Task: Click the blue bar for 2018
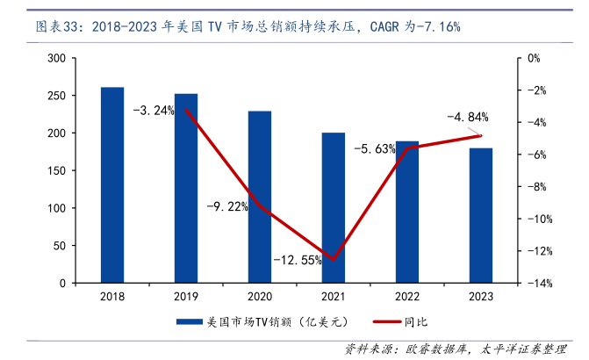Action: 112,185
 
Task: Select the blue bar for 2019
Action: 186,189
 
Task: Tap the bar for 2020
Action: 260,198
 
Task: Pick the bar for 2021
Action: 334,208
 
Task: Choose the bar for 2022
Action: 407,212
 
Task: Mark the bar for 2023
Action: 481,216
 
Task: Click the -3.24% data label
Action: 154,112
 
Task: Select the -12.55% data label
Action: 298,260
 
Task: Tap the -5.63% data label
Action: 375,149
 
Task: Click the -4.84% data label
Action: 467,117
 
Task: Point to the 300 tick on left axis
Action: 56,58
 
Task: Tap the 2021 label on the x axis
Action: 334,296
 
